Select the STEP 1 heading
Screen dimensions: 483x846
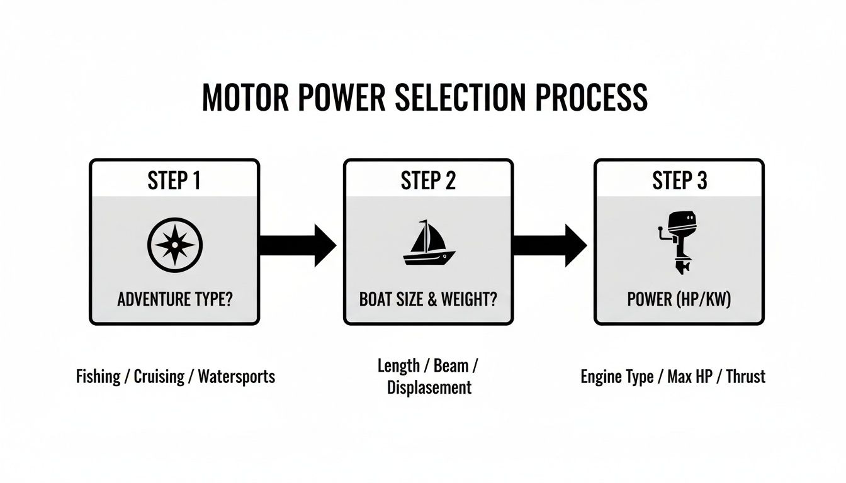[x=174, y=181]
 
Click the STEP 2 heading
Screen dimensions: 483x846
[x=428, y=181]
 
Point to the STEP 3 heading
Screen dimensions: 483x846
[x=679, y=181]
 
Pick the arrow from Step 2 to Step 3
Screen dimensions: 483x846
[x=549, y=245]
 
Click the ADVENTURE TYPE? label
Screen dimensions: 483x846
[x=174, y=299]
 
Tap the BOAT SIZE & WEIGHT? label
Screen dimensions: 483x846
[x=428, y=299]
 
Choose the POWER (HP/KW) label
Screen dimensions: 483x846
[x=679, y=299]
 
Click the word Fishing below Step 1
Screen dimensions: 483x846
[x=98, y=377]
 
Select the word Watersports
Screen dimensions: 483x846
[x=236, y=377]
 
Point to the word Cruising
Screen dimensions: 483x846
[x=159, y=377]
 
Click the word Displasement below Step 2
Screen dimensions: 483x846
[x=429, y=387]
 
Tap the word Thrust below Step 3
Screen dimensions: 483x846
[x=745, y=377]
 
